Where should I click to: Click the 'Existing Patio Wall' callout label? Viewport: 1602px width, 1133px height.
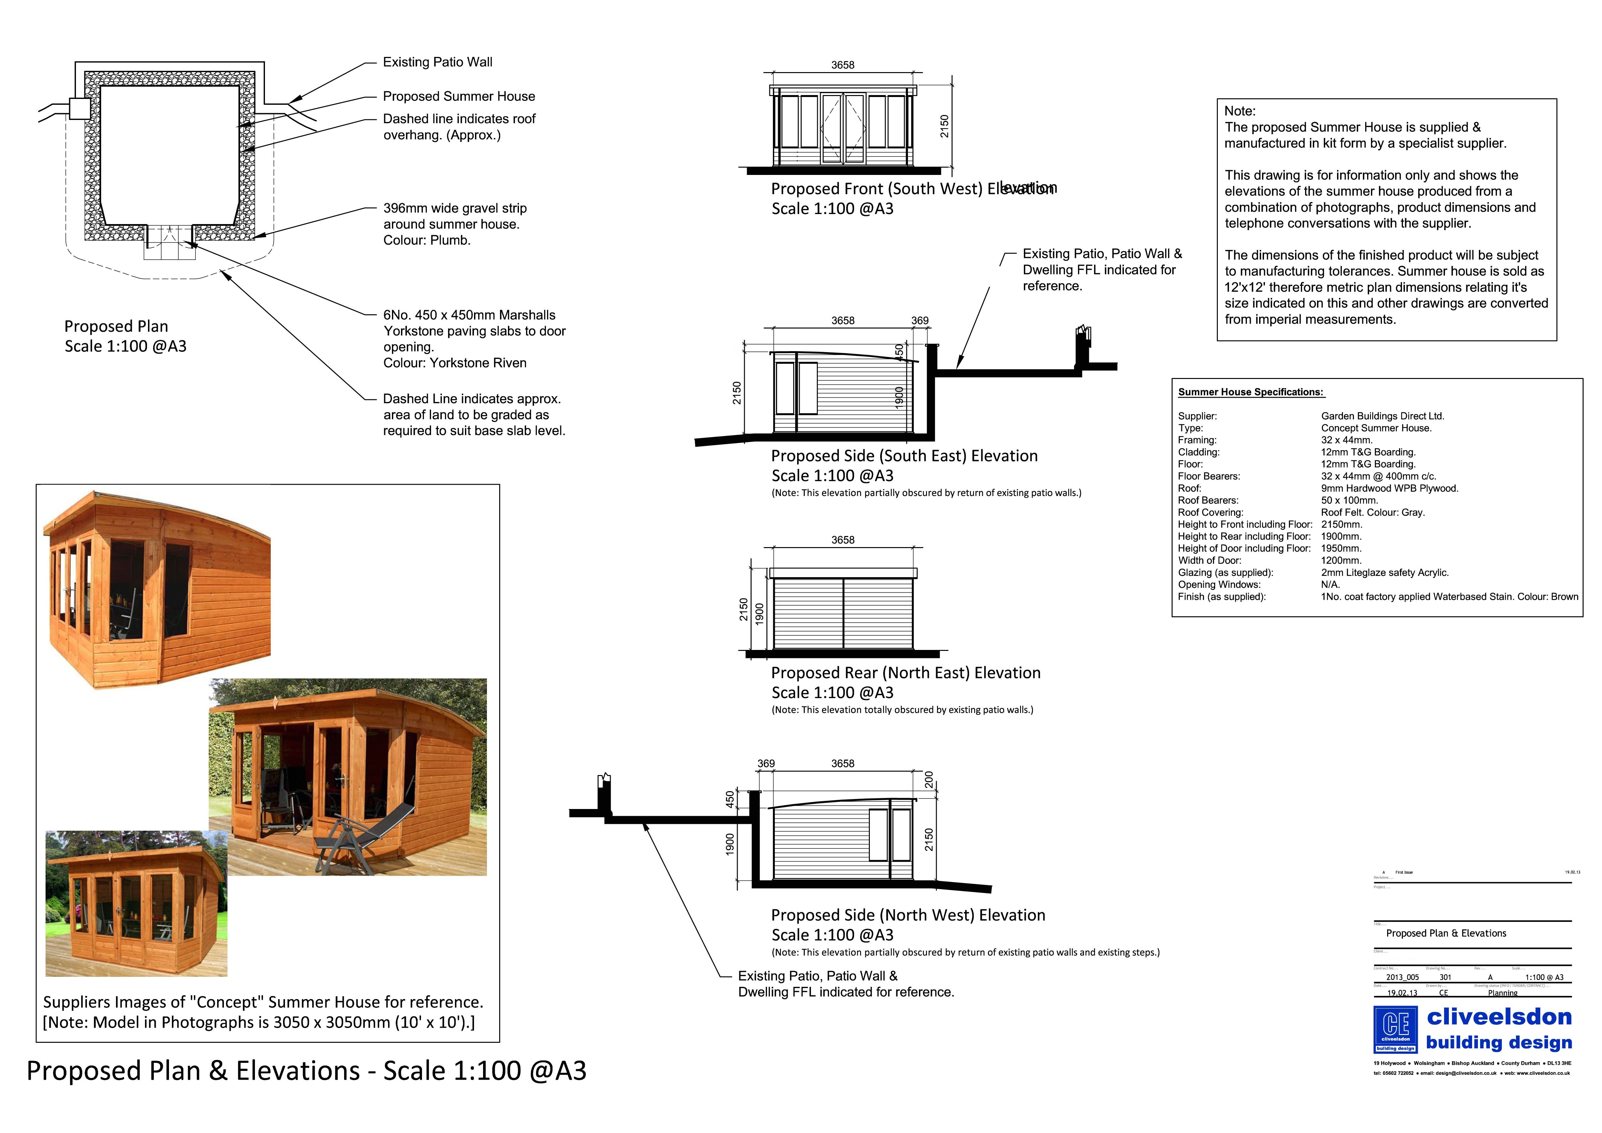coord(437,62)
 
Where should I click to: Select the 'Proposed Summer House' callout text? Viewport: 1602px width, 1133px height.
coord(458,96)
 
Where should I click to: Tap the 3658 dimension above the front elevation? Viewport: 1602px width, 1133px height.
coord(842,65)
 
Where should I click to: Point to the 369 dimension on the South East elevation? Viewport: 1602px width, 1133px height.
coord(920,320)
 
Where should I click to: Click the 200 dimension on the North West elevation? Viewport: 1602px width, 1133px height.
coord(929,780)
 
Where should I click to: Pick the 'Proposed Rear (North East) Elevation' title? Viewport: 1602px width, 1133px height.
coord(905,673)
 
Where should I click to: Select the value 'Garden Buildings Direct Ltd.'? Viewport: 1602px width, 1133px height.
coord(1382,416)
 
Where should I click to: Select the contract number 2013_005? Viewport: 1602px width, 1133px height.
coord(1402,977)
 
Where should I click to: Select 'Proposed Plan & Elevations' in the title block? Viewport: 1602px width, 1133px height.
coord(1446,933)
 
